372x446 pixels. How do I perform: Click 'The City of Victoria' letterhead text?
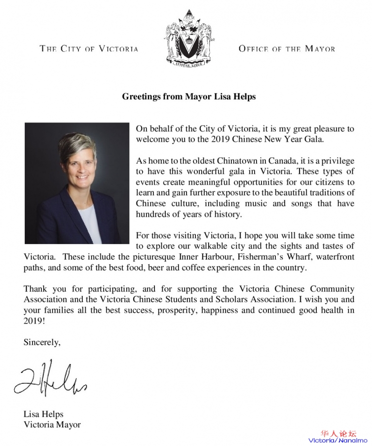coord(89,48)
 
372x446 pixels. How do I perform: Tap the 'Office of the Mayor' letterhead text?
coord(287,48)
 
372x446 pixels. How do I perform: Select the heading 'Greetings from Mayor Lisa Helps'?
coord(189,96)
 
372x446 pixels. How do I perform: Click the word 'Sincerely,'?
coord(42,342)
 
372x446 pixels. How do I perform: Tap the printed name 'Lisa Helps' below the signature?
coord(43,414)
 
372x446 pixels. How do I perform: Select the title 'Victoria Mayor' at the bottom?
coord(52,424)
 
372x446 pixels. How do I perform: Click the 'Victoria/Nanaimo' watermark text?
coord(338,440)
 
